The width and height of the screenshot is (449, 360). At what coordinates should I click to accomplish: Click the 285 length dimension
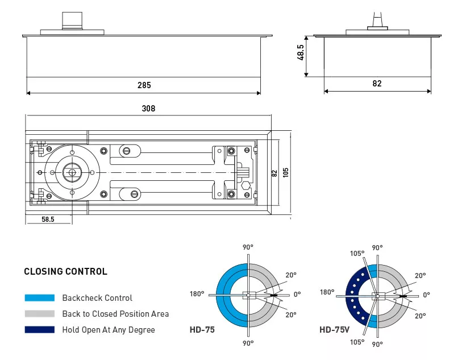pos(144,85)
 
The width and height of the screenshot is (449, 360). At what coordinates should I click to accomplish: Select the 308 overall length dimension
pos(148,109)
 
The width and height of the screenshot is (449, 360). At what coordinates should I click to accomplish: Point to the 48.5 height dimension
pos(301,52)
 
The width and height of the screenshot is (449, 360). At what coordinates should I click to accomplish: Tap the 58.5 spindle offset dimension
pos(48,220)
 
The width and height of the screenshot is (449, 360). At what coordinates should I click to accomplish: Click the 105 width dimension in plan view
pos(285,172)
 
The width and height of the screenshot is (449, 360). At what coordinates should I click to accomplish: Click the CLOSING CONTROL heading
pos(65,271)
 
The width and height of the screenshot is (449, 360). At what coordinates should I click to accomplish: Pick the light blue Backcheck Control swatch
pos(40,298)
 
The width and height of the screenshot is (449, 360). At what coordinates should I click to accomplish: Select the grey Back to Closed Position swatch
pos(40,313)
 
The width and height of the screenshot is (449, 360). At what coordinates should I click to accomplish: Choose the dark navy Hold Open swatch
pos(40,330)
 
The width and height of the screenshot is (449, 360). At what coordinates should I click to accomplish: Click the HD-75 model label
pos(202,330)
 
